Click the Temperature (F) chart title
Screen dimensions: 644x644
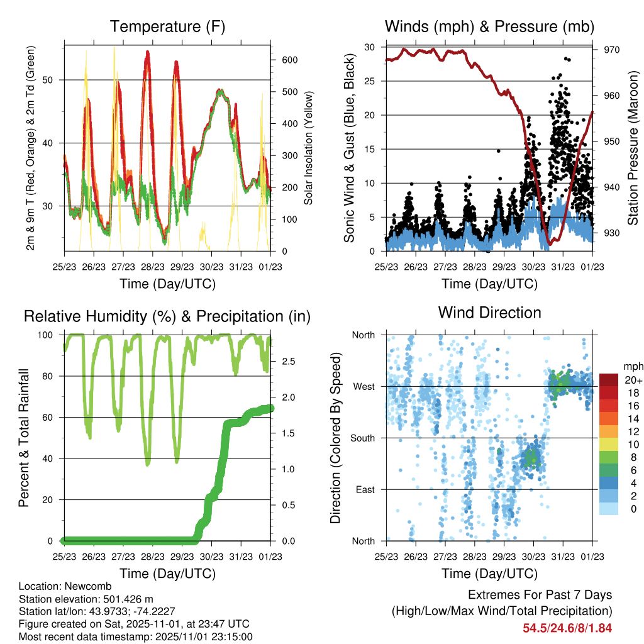coord(167,26)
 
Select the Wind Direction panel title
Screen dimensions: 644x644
coord(489,313)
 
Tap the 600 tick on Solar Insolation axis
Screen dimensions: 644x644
coord(289,60)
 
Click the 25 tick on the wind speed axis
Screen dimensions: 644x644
coord(371,81)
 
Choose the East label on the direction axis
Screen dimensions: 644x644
coord(364,489)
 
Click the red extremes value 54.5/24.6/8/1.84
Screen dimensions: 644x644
coord(567,628)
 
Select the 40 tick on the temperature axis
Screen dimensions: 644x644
coord(53,143)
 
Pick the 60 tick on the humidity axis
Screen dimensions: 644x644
coord(50,417)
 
